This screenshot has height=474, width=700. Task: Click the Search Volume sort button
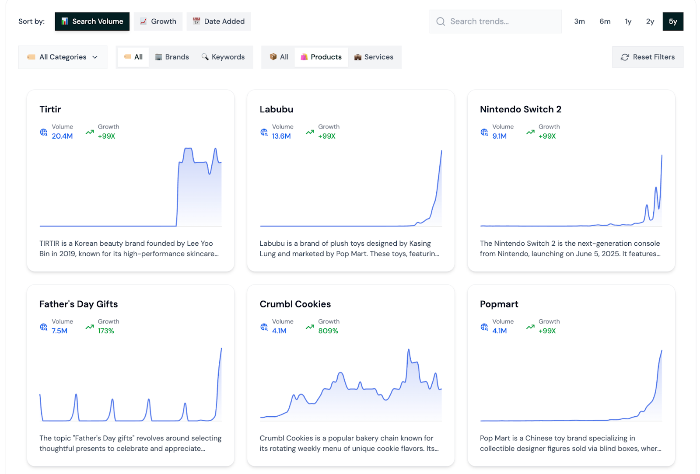[92, 21]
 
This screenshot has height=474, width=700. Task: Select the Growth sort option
[158, 21]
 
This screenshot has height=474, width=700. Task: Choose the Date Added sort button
[218, 21]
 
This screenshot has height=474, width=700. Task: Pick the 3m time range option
[579, 21]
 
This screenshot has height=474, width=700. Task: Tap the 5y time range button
[672, 21]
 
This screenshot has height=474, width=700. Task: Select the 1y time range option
[628, 21]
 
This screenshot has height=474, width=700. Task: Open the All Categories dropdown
[63, 57]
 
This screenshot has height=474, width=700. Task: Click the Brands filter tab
[172, 57]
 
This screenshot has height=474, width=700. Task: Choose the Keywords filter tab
[223, 57]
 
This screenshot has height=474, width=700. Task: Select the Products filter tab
[321, 57]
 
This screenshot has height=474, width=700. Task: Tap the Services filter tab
[374, 57]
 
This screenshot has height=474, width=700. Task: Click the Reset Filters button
[647, 57]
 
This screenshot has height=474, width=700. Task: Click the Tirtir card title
[50, 109]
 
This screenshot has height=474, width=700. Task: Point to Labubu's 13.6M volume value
[281, 136]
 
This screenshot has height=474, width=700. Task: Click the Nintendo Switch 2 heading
[520, 109]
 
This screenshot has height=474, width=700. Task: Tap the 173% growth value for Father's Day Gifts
[106, 331]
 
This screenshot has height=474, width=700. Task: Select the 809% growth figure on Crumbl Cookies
[328, 331]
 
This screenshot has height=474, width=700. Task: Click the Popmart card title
[499, 304]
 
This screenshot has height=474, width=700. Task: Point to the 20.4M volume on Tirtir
[62, 136]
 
